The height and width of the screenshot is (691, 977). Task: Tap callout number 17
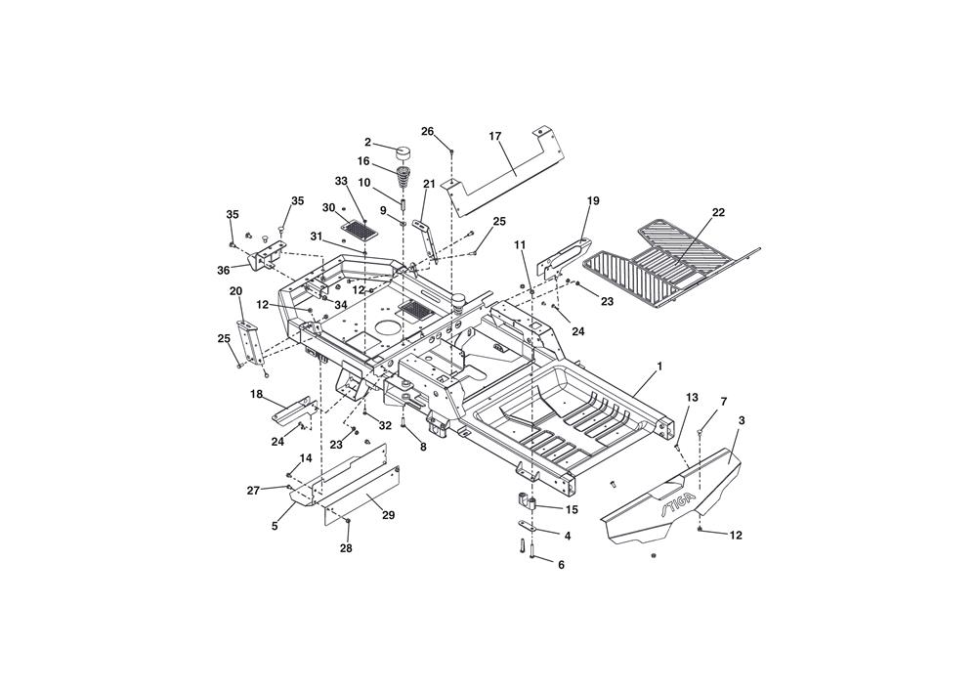pos(495,136)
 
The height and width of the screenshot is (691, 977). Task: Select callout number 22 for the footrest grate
pos(718,212)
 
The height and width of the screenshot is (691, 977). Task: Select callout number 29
pos(388,515)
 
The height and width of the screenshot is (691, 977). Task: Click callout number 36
pos(224,270)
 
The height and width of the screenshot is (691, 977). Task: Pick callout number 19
pos(593,200)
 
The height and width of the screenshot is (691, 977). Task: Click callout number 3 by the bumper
pos(741,420)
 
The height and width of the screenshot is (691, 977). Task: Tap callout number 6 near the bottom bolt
pos(561,565)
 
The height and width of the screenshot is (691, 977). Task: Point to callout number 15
pos(572,509)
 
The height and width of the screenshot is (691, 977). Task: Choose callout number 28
pos(346,548)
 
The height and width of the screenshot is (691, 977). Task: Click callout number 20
pos(236,291)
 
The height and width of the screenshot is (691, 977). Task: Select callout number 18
pos(256,394)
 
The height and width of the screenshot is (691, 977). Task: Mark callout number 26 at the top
pos(428,131)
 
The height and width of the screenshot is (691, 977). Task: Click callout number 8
pos(423,447)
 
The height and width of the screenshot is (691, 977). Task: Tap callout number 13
pos(693,397)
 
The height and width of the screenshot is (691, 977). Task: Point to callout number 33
pos(341,181)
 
